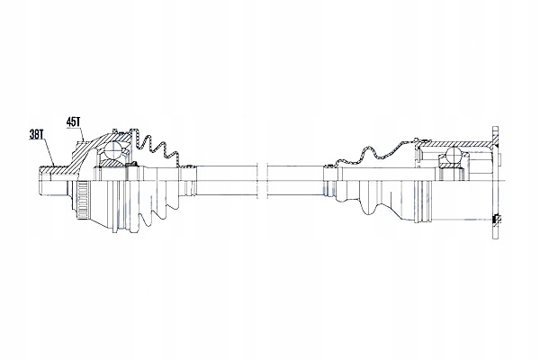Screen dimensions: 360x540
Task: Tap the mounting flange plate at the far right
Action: (x=494, y=180)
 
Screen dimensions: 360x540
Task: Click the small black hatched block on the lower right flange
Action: (x=498, y=219)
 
